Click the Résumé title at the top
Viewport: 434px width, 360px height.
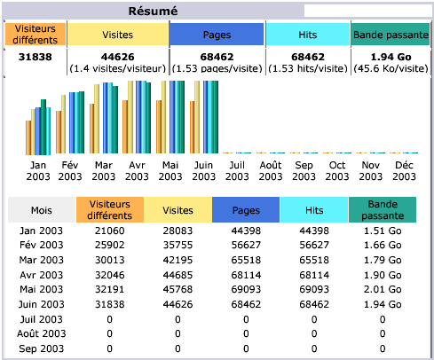coord(154,11)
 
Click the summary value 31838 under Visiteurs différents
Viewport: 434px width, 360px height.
coord(36,57)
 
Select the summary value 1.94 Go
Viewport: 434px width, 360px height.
coord(383,57)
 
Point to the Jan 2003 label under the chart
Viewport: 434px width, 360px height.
coord(38,170)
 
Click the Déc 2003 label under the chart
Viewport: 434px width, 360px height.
coord(404,170)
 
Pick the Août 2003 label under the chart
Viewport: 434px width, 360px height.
coord(271,170)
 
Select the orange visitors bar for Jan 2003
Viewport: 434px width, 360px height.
coord(29,137)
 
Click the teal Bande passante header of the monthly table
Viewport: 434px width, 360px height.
coord(383,210)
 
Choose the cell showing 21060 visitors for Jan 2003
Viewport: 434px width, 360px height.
coord(109,231)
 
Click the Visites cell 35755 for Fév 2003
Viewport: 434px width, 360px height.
coord(178,245)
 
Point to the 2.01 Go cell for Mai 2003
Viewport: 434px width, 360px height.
coord(383,289)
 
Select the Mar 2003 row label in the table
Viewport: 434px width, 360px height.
coord(42,260)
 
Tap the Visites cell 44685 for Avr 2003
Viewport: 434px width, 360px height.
coord(178,275)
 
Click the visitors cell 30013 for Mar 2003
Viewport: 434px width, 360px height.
coord(109,260)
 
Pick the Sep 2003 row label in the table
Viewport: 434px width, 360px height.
coord(42,348)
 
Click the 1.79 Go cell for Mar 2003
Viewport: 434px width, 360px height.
coord(383,260)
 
